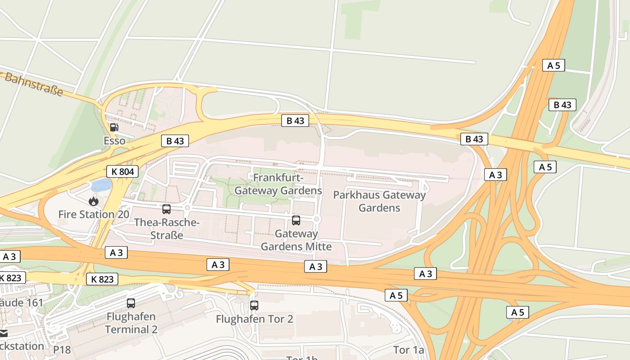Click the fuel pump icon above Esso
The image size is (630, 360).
(114, 127)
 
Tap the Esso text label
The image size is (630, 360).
(114, 141)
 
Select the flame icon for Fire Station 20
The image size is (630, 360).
(94, 201)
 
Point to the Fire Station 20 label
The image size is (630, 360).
(94, 214)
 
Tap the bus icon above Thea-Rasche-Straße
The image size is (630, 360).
(166, 209)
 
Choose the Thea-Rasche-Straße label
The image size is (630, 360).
(166, 229)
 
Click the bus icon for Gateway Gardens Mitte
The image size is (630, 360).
(296, 220)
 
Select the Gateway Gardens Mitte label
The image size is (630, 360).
(296, 240)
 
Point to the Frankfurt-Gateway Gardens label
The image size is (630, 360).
(278, 184)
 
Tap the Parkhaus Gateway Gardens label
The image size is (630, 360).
(379, 201)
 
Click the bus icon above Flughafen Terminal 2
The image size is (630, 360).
(131, 303)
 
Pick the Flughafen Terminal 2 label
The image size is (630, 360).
(131, 323)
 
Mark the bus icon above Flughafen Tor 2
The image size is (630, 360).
(254, 306)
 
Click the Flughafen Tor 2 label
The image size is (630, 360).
(254, 319)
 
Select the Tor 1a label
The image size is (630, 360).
(408, 350)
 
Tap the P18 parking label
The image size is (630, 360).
(62, 350)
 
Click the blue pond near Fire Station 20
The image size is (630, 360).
(101, 185)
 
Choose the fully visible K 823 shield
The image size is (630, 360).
(102, 279)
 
